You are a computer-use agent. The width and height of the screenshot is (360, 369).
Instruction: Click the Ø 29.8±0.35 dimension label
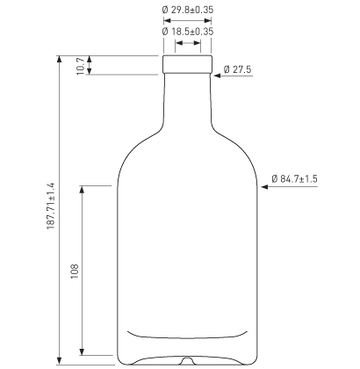click(x=189, y=10)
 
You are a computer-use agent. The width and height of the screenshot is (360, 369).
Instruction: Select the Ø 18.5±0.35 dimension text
click(x=189, y=31)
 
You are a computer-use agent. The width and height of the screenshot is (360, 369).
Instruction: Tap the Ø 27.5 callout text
click(x=238, y=69)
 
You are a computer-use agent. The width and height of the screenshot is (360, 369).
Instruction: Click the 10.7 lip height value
click(x=80, y=66)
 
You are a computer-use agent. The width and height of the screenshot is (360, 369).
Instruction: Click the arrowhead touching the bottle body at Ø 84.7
click(x=264, y=186)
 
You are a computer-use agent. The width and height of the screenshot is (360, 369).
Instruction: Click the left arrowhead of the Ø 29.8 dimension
click(x=167, y=18)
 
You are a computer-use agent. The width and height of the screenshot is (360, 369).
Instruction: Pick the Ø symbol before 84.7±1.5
click(x=273, y=178)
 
